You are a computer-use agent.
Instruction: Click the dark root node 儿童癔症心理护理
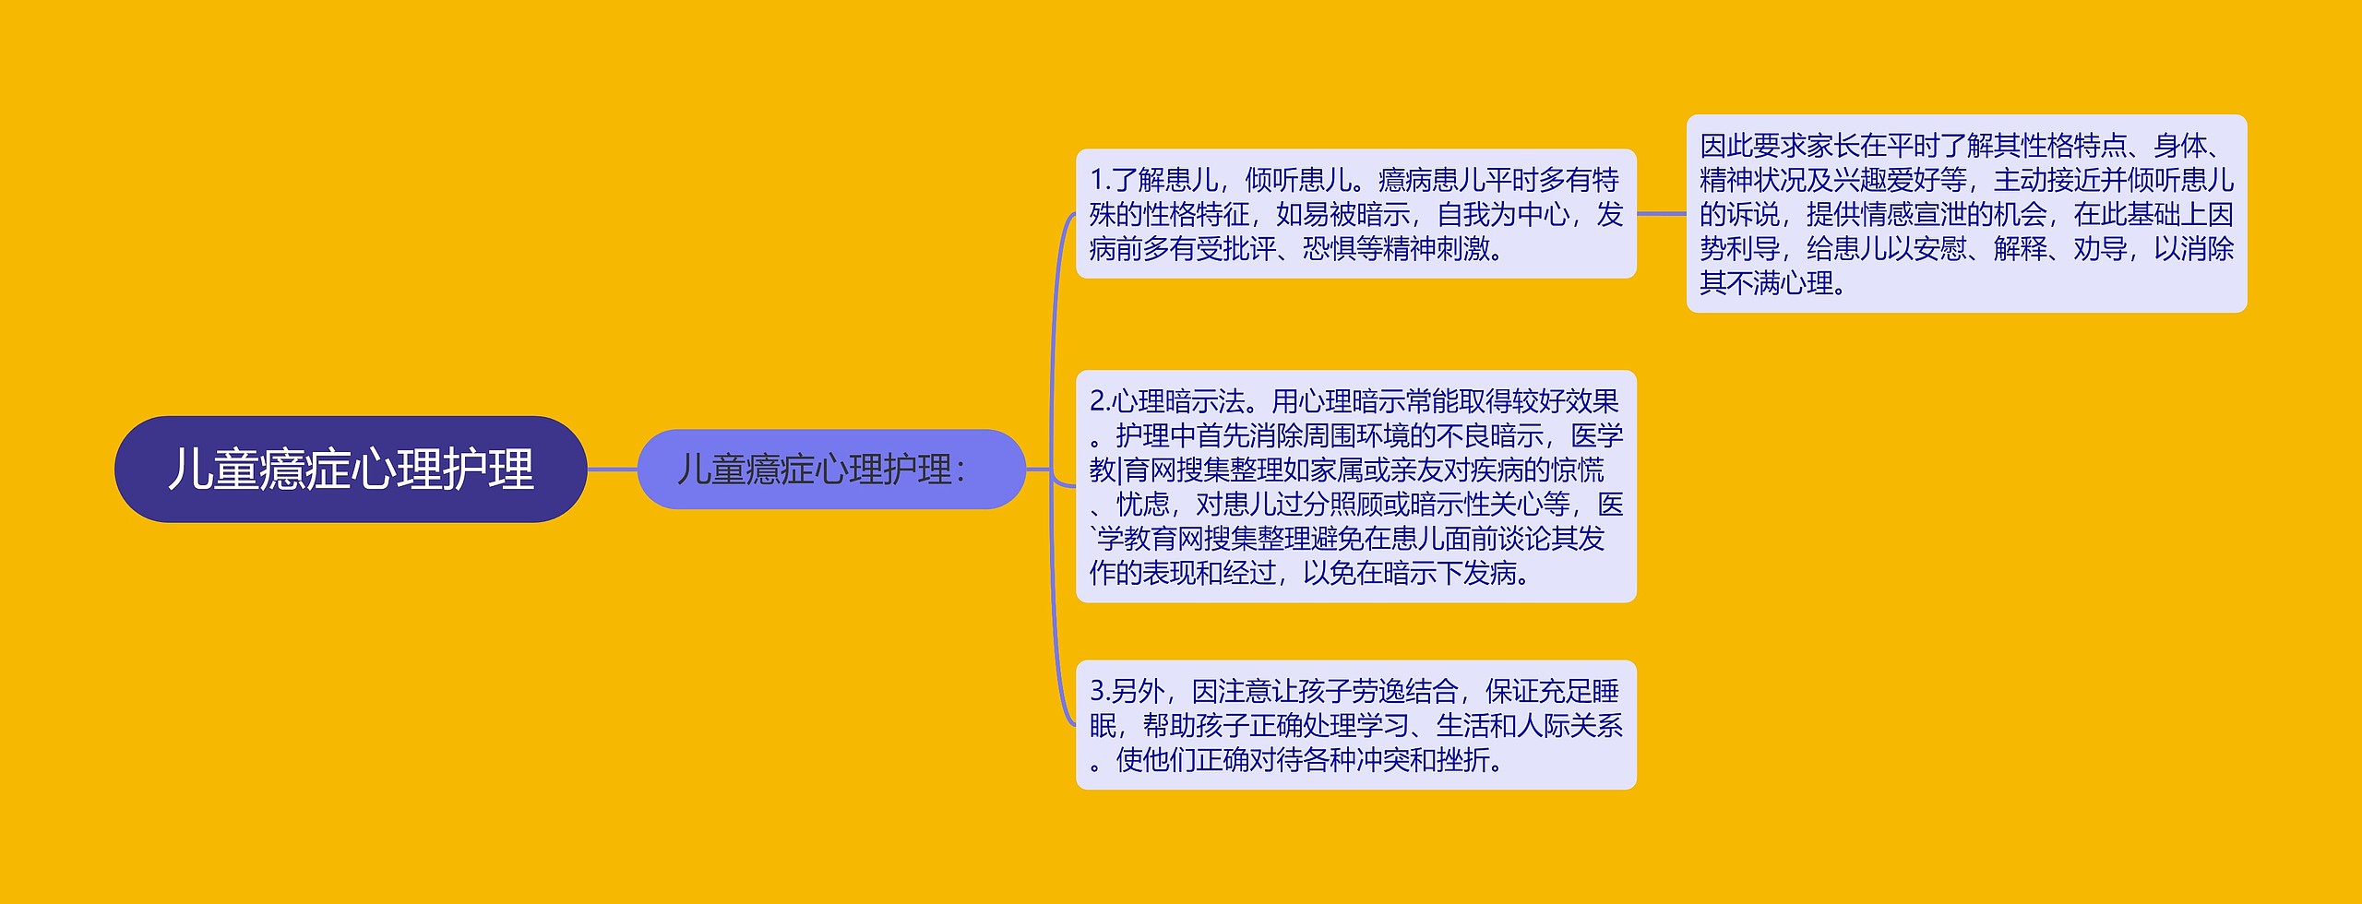(x=351, y=470)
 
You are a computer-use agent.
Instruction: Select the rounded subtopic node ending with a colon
(x=830, y=470)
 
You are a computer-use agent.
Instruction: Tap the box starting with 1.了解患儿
(x=1355, y=214)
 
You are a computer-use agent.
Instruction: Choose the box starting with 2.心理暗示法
(x=1355, y=487)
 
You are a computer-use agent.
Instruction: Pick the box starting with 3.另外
(x=1355, y=725)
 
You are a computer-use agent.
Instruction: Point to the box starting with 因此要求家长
(x=1966, y=214)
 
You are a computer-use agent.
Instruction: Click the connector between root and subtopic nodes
(x=612, y=470)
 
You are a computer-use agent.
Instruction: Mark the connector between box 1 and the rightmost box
(x=1661, y=214)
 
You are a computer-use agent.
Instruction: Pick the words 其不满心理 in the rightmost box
(x=1766, y=283)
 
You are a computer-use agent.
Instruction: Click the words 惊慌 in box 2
(x=1578, y=470)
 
